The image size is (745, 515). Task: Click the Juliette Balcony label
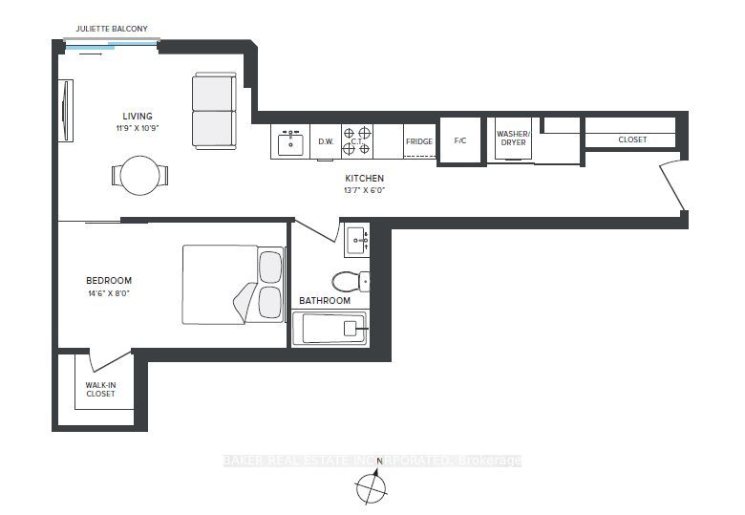pos(112,29)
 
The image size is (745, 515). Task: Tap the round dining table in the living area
pos(139,175)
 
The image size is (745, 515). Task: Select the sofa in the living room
pos(214,111)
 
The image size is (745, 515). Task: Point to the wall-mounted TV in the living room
pos(66,110)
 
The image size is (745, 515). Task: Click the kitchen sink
pos(290,144)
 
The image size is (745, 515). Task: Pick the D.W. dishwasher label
pos(326,141)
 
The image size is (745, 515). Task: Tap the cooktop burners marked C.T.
pos(357,141)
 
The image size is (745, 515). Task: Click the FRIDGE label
pos(419,141)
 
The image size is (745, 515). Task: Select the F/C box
pos(460,141)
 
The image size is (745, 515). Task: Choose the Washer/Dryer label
pos(513,139)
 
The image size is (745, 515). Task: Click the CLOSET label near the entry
pos(632,139)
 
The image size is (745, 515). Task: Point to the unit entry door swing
pos(672,186)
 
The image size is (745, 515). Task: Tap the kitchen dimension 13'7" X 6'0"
pos(364,190)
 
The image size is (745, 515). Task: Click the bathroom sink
pos(357,241)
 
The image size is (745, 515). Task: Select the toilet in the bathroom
pos(351,282)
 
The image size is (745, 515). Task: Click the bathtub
pos(330,328)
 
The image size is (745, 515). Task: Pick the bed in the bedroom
pos(233,285)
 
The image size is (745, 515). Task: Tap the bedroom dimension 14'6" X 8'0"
pos(109,293)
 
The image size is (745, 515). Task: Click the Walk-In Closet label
pos(100,390)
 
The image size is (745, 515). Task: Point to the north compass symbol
pos(372,486)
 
